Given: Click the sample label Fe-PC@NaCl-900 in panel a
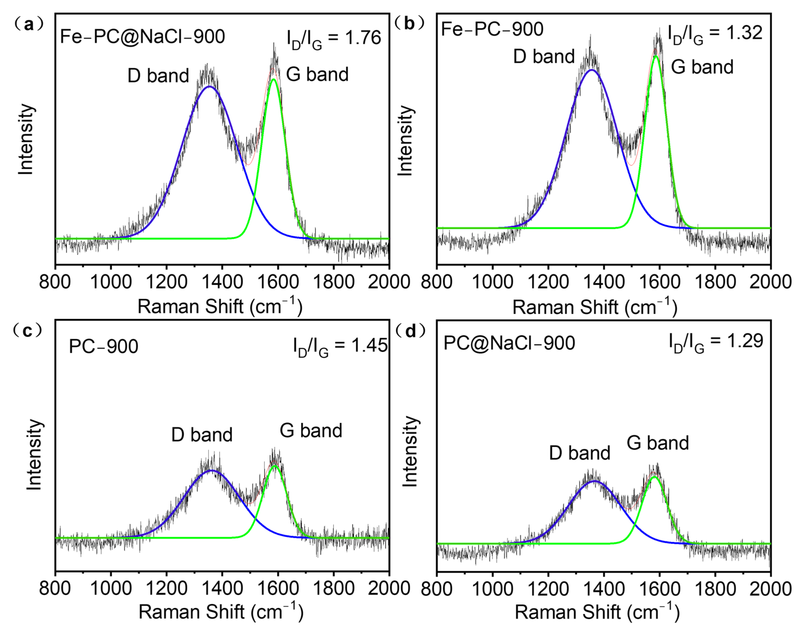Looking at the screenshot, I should pos(142,36).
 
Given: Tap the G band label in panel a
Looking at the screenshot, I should pos(317,74).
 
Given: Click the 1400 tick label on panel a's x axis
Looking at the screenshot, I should pos(222,282).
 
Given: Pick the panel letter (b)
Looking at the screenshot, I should pos(409,23).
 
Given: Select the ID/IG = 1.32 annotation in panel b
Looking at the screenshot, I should pos(715,34).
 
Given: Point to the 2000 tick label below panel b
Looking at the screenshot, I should pos(770,282).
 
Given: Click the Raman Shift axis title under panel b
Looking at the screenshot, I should pos(594,307).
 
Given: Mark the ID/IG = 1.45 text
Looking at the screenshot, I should pos(340,347).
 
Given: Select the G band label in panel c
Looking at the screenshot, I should pos(311,431).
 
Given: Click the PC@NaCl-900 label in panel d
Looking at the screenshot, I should pos(509,343).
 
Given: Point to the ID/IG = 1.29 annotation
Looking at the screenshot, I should pos(716,342).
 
